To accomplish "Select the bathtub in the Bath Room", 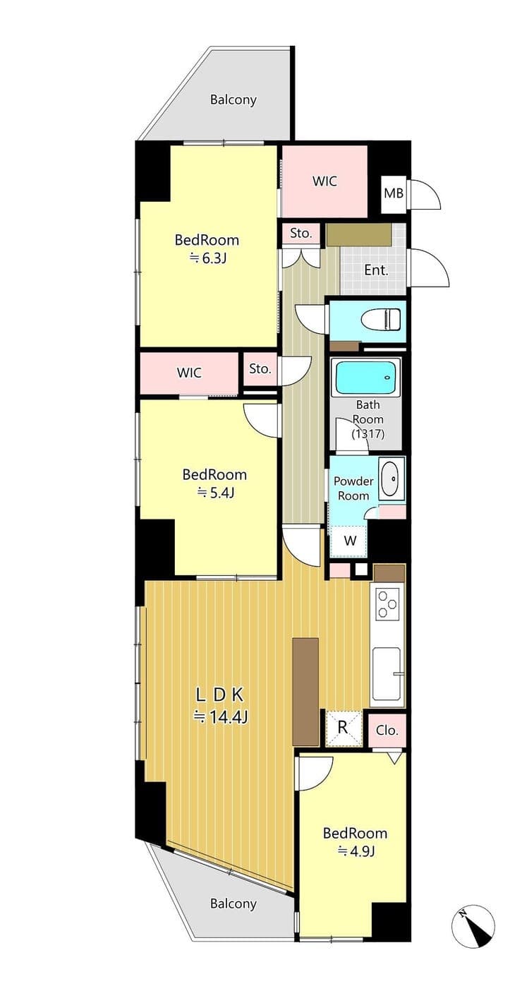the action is (x=366, y=378).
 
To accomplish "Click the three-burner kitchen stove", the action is (x=387, y=604).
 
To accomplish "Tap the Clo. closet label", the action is (x=387, y=731).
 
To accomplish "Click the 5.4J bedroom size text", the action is (x=216, y=493).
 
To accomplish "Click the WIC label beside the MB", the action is (x=324, y=181).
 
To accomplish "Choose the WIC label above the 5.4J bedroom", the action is (x=189, y=373).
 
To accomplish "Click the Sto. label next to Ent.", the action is (x=301, y=234).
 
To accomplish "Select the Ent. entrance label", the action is (x=376, y=270).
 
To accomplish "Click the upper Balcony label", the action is (x=233, y=100).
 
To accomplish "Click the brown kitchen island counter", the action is (x=305, y=692).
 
